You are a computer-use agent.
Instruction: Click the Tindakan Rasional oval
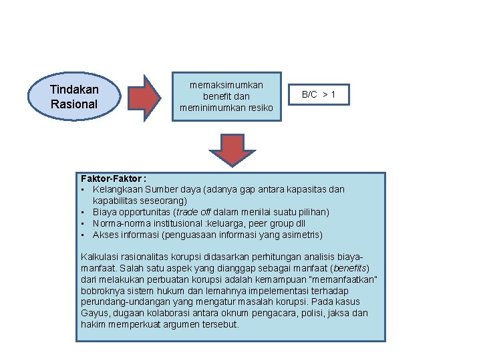click(x=74, y=97)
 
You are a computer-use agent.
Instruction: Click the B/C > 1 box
click(x=319, y=95)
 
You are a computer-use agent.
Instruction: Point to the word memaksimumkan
click(x=226, y=85)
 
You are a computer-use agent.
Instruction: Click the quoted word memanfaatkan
click(x=349, y=279)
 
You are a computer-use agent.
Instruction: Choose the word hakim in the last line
click(x=94, y=324)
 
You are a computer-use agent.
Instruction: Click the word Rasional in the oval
click(x=74, y=104)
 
